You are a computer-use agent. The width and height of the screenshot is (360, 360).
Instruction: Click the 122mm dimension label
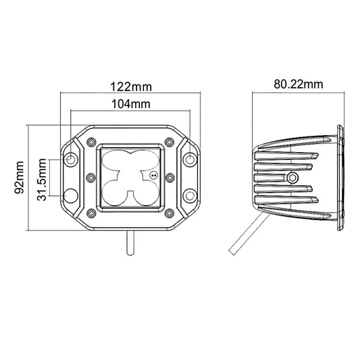(131, 87)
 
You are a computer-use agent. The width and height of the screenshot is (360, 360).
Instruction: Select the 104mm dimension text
(131, 104)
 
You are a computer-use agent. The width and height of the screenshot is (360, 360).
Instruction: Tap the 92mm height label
(19, 178)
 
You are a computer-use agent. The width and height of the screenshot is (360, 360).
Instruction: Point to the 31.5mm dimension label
(42, 180)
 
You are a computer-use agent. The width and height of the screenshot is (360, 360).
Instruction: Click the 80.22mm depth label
(299, 84)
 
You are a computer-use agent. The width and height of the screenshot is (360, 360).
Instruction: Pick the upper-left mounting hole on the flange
(71, 159)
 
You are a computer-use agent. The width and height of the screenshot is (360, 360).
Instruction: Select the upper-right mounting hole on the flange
(190, 159)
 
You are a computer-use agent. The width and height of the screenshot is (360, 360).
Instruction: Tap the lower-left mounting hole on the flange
(71, 196)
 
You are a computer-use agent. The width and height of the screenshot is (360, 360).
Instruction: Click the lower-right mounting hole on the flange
(190, 196)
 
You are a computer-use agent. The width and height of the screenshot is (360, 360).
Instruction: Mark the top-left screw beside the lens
(91, 142)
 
